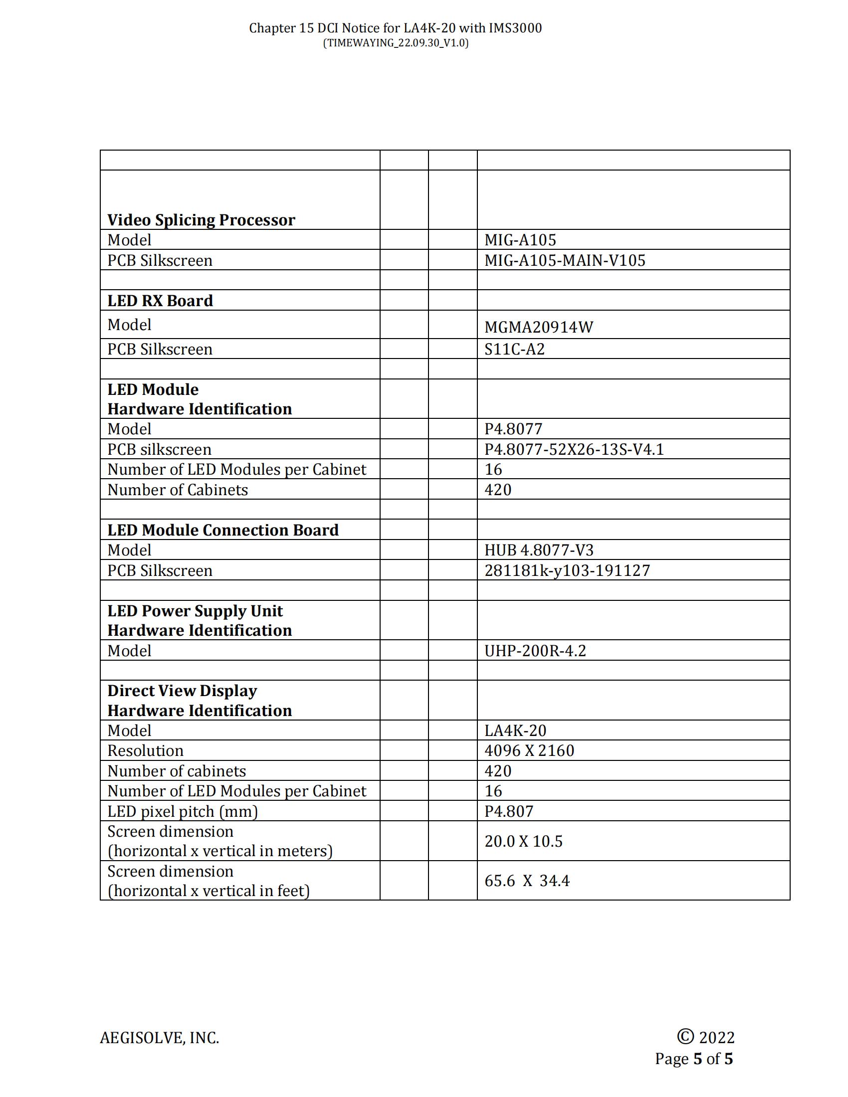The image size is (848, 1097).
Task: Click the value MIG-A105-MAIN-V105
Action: tap(564, 260)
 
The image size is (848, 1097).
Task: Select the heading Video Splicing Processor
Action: tap(201, 220)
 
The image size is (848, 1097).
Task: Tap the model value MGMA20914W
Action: tap(539, 327)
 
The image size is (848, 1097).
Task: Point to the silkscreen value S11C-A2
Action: tap(514, 349)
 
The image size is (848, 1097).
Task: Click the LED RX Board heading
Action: tap(160, 300)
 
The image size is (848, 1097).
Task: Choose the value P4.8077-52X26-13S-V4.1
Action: tap(574, 449)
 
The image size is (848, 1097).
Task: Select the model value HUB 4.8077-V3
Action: tap(539, 550)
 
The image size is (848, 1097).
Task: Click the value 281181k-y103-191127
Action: tap(567, 570)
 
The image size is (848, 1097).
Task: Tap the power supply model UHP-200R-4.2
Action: tap(535, 651)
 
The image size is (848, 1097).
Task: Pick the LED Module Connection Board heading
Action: tap(222, 530)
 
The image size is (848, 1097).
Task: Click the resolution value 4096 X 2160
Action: tap(529, 751)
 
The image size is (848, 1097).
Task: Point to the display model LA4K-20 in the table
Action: tap(515, 731)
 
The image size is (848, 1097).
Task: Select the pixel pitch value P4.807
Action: tap(508, 811)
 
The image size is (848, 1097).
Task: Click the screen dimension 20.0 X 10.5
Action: tap(523, 841)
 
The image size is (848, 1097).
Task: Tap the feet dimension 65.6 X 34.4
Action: tap(526, 881)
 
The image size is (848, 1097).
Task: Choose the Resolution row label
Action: tap(145, 751)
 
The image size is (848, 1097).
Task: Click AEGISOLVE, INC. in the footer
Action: tap(159, 1038)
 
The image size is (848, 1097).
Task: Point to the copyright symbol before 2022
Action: tap(685, 1036)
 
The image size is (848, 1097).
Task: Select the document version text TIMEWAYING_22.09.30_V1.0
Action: tap(396, 43)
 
